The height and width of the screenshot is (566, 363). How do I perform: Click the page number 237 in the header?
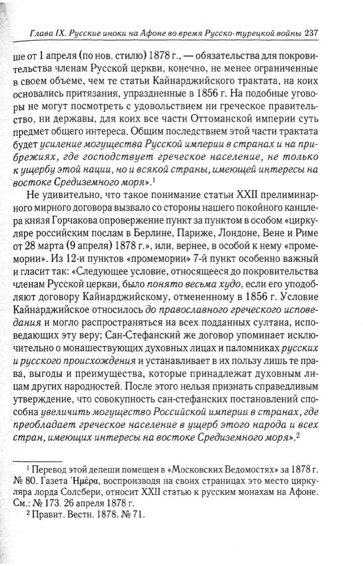tap(311, 34)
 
